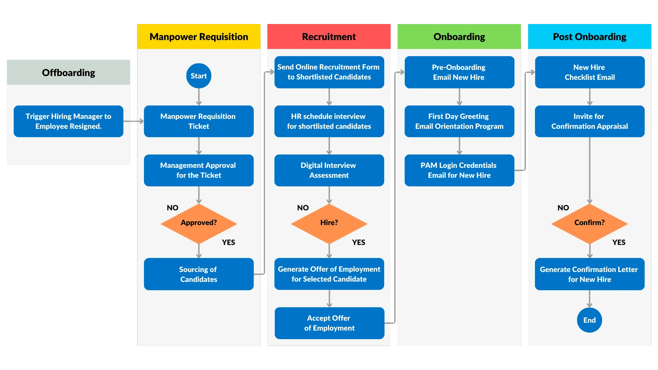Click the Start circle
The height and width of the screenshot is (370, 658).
pos(199,76)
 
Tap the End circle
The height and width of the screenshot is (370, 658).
pos(589,320)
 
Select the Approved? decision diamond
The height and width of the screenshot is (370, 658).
pos(199,223)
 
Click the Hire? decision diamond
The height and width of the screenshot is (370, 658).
pos(329,223)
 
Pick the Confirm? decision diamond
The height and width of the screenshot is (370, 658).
pos(589,223)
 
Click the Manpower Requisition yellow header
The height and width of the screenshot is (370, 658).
pos(199,37)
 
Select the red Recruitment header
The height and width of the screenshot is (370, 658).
pos(329,37)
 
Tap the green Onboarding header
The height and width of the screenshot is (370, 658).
pos(459,37)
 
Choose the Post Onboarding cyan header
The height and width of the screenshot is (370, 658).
pos(589,37)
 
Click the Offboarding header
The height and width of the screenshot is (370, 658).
pos(69,73)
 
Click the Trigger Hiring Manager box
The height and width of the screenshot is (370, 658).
pos(69,121)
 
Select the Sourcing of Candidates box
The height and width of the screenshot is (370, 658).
pos(199,274)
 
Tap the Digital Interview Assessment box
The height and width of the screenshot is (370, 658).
pos(329,170)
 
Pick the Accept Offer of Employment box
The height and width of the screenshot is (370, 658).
pos(329,323)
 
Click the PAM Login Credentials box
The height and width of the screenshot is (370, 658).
pos(459,170)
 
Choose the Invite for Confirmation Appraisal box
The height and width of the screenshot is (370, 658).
pos(589,121)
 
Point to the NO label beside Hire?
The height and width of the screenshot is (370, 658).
pos(303,208)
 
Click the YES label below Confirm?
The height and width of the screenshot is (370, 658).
pos(619,243)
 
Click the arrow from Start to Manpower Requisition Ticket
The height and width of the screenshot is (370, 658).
pos(199,97)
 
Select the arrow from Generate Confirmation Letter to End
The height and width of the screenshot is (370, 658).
pos(589,299)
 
